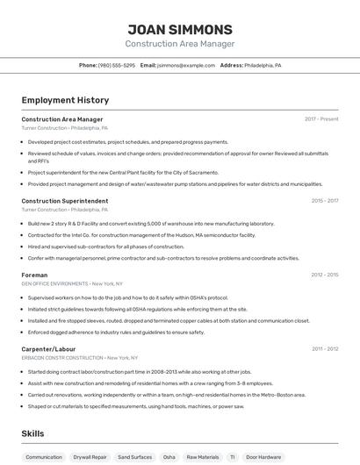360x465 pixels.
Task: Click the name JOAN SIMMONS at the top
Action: (180, 29)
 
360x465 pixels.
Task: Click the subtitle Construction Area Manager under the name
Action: (180, 44)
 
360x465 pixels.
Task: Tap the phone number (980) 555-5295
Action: (117, 66)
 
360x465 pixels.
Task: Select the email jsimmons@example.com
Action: (185, 66)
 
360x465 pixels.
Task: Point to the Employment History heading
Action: (65, 100)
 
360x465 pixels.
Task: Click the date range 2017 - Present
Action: (321, 118)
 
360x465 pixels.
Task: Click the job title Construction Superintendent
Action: (65, 201)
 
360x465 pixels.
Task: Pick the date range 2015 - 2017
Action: (325, 201)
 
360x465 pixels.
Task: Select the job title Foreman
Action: (34, 275)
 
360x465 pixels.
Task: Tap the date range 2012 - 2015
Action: (325, 275)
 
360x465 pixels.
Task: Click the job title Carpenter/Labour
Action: (49, 349)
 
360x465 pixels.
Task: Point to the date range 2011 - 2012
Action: (325, 349)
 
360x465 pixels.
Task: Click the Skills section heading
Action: (32, 433)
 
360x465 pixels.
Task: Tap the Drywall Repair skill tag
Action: (90, 457)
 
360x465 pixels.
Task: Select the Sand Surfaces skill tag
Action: (134, 457)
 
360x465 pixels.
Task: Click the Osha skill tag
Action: (169, 457)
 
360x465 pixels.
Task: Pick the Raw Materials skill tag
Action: (203, 457)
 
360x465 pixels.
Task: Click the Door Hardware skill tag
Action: (264, 457)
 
